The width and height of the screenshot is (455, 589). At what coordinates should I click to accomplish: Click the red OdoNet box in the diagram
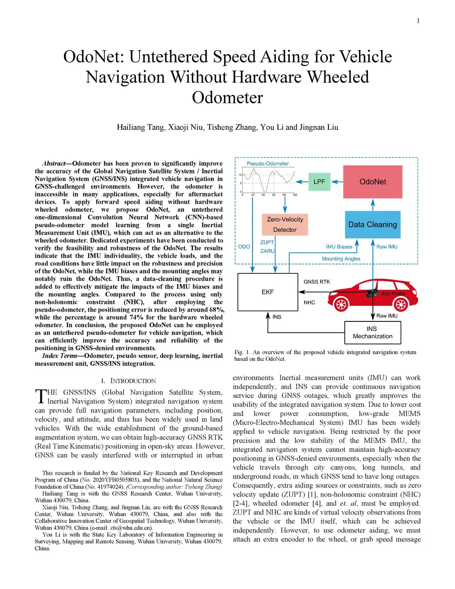point(373,182)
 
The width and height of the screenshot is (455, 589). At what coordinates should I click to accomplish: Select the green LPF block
point(319,181)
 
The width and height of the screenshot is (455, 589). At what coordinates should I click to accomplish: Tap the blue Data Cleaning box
point(372,224)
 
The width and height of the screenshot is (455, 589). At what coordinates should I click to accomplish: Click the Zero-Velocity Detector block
point(285,224)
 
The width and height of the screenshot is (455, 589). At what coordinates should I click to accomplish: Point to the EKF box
point(267,292)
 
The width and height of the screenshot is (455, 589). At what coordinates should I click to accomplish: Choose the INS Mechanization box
point(372,333)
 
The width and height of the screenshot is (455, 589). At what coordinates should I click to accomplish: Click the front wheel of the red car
point(341,305)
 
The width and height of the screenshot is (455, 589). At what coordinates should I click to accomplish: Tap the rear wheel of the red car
point(401,305)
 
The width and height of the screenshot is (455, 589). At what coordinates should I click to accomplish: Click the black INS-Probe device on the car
point(373,293)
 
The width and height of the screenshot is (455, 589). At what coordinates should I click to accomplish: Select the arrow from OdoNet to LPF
point(337,181)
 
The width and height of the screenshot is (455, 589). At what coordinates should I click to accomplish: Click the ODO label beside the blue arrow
point(244,247)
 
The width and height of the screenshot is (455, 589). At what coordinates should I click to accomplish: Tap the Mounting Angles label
point(341,259)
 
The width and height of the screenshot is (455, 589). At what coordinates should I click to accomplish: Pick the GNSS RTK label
point(317,282)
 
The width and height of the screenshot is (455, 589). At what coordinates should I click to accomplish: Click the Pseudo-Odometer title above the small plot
point(267,164)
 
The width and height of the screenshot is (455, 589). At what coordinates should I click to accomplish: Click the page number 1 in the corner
point(418,21)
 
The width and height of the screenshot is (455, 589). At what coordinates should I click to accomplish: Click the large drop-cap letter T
point(40,397)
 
